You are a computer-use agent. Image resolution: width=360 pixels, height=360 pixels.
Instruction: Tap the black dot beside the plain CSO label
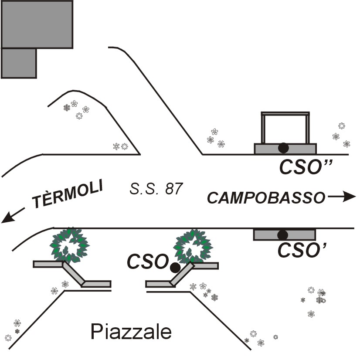click(x=175, y=268)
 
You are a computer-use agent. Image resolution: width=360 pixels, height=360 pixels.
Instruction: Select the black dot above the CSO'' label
click(x=283, y=148)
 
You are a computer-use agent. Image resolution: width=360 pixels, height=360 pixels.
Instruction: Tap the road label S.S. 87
click(x=156, y=189)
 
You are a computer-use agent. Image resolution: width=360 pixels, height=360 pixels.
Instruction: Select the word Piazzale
click(x=131, y=333)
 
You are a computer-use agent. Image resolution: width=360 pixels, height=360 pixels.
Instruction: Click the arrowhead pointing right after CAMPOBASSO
click(x=349, y=197)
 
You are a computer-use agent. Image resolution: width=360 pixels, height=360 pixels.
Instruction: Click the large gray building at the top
click(x=37, y=24)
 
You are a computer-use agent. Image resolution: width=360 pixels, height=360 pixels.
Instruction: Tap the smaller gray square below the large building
click(x=18, y=63)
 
